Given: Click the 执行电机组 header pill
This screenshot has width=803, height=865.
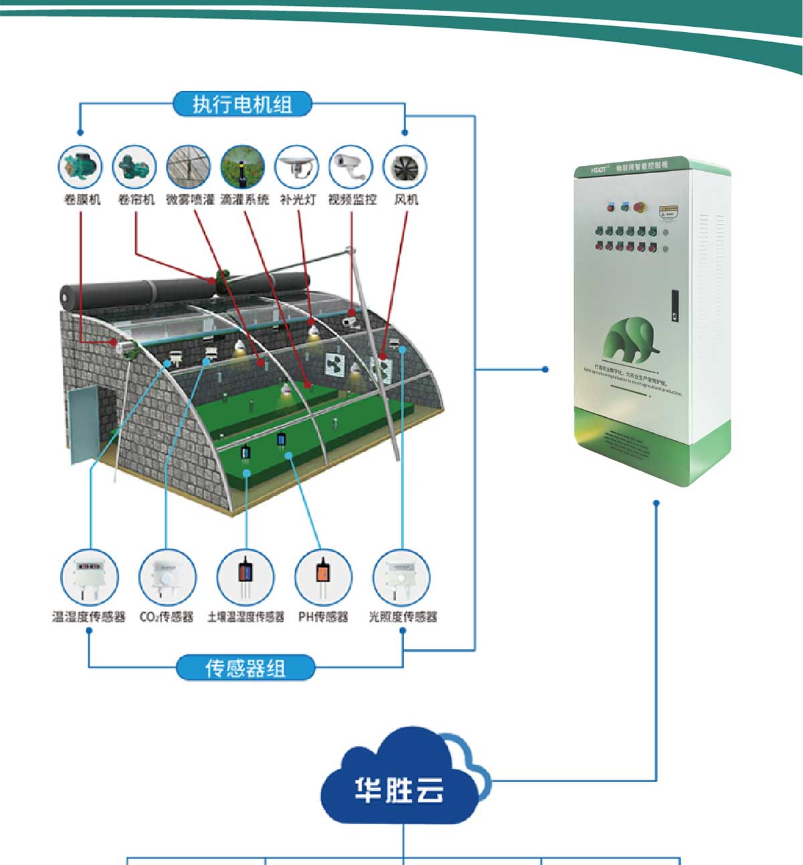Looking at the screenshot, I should (242, 104).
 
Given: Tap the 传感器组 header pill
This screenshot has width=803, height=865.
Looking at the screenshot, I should (246, 668).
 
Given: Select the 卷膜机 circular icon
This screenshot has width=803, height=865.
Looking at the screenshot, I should (81, 166).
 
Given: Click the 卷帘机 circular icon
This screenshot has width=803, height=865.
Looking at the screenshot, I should (135, 166).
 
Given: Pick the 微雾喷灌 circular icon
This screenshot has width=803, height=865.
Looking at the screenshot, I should (189, 166).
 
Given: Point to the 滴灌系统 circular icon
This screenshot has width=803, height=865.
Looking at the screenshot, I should (243, 166).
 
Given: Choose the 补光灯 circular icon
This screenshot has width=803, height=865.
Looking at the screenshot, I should (297, 166).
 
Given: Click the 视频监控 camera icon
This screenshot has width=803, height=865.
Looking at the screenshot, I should (351, 166).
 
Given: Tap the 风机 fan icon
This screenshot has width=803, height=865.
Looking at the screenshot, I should (406, 166).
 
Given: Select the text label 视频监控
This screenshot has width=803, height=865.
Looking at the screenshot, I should (352, 199).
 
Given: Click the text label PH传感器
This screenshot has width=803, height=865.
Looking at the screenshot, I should (323, 616).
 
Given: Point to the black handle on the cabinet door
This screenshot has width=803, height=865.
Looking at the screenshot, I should (675, 304).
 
